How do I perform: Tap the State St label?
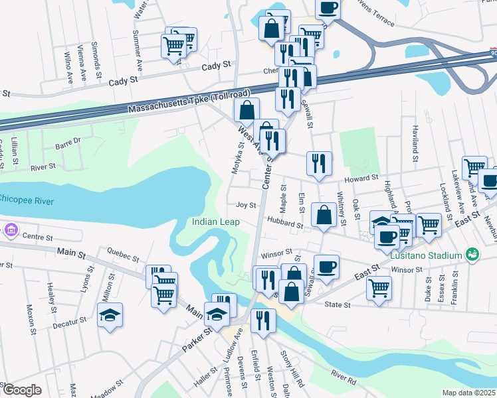338,304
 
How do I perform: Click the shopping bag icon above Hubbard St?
324,215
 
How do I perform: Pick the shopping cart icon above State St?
379,288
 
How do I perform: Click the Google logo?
21,390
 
